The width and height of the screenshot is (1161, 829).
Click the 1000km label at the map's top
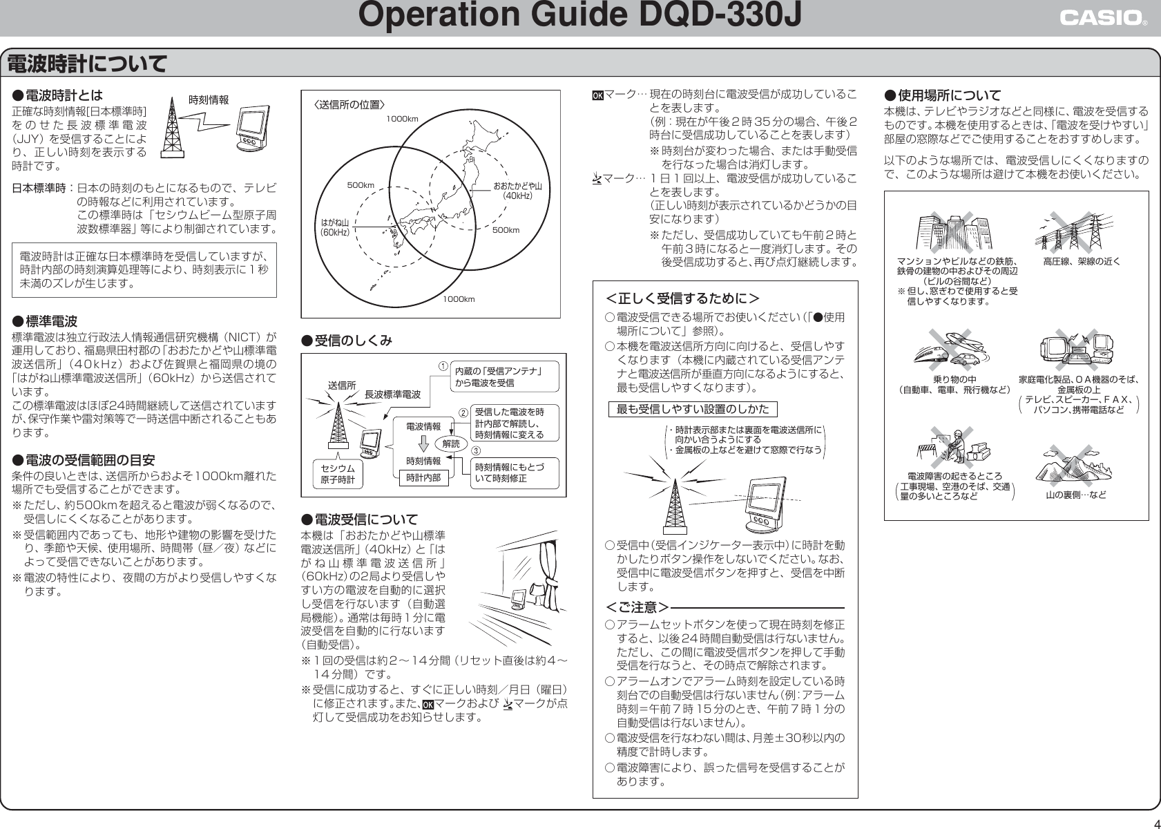(402, 119)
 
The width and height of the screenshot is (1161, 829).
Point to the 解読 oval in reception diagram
(451, 444)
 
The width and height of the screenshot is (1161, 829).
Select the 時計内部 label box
(423, 477)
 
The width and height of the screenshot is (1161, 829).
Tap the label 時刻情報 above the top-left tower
(208, 100)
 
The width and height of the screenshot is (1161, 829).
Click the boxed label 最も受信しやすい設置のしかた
(693, 409)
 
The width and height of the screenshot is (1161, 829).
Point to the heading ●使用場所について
(942, 95)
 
